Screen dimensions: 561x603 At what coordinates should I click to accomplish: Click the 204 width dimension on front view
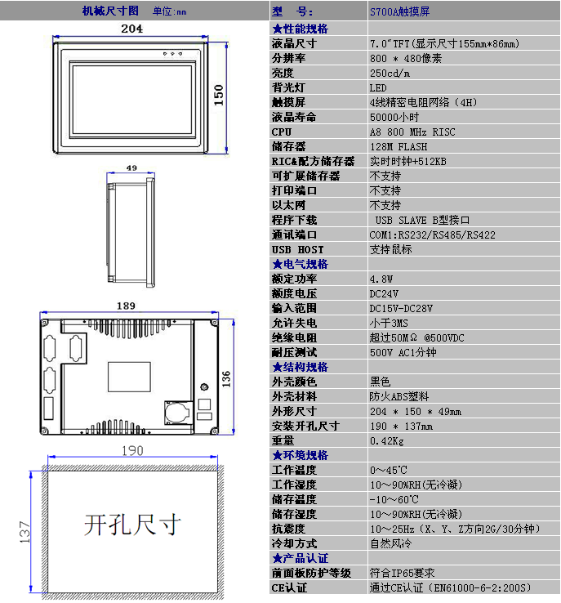point(132,29)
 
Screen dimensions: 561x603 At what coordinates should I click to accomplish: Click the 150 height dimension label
point(219,96)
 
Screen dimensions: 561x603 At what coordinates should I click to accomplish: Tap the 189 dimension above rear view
point(127,306)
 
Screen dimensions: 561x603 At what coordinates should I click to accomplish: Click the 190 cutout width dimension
point(132,450)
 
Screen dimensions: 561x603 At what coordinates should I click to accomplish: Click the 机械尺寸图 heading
point(111,11)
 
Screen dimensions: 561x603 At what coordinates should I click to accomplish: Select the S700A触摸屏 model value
point(399,12)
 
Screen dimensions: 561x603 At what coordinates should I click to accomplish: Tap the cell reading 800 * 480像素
point(406,58)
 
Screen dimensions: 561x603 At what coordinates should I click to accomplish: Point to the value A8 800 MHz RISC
point(412,132)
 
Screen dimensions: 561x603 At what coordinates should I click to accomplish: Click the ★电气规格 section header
point(300,264)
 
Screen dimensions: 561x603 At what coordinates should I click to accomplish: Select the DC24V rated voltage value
point(384,293)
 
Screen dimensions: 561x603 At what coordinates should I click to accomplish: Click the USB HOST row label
point(297,249)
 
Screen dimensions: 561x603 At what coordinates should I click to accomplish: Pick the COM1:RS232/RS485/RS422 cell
point(432,234)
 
